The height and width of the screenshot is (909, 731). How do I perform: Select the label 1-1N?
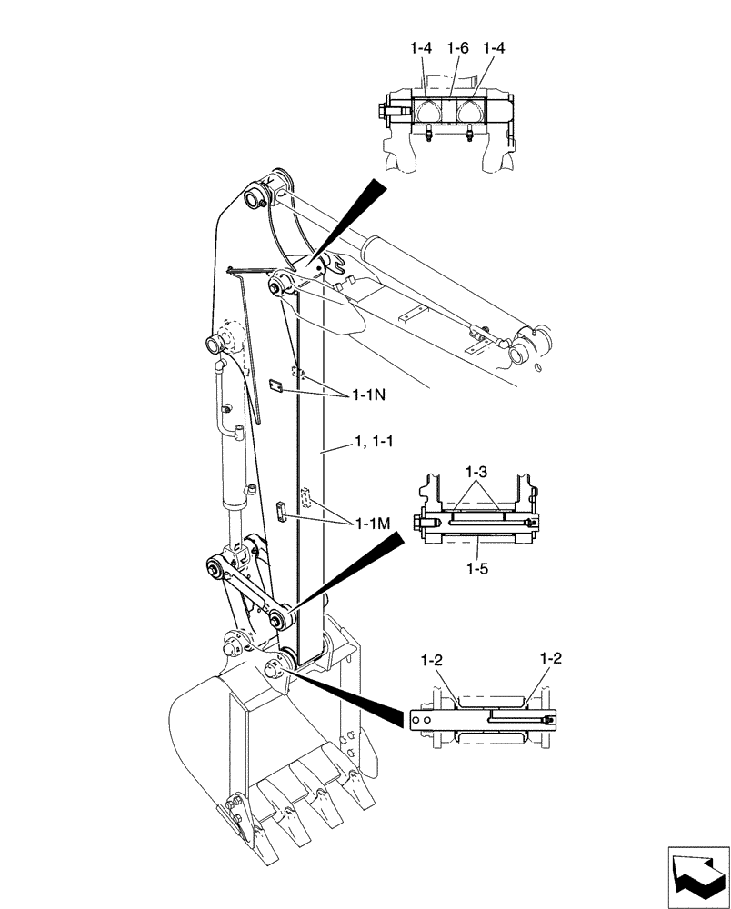pos(368,396)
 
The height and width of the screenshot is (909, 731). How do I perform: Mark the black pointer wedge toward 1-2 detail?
pos(355,695)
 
